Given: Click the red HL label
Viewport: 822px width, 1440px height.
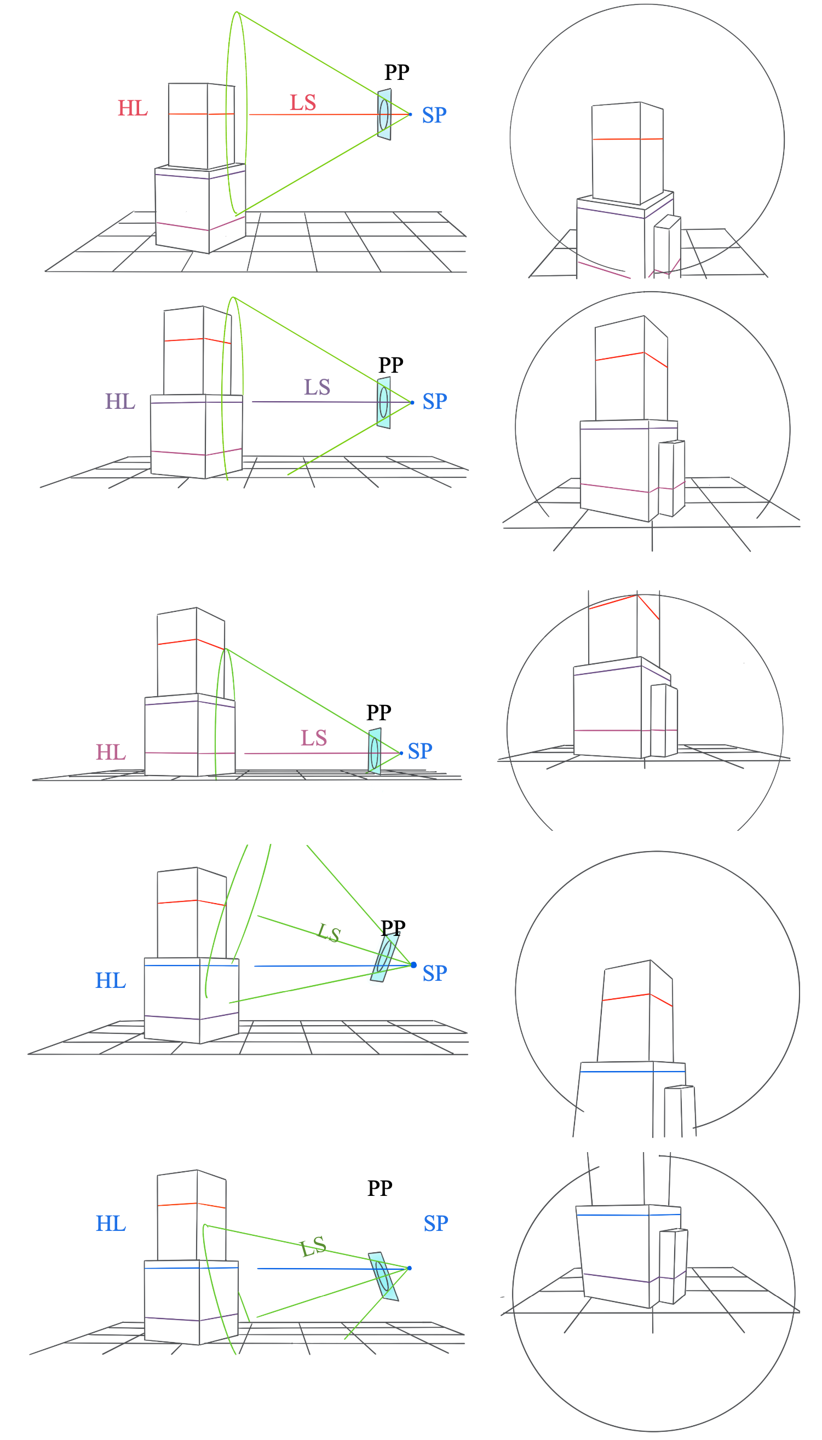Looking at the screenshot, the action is tap(133, 108).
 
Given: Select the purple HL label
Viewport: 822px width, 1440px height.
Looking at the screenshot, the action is tap(120, 402).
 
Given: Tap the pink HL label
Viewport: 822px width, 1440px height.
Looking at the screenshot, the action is tap(111, 752).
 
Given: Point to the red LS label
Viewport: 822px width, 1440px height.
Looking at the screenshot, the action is tap(303, 103).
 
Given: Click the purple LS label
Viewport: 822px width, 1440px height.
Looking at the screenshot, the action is tap(317, 387).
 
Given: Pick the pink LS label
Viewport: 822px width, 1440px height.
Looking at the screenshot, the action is tap(313, 738).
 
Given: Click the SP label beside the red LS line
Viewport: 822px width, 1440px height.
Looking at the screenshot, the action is tap(434, 115).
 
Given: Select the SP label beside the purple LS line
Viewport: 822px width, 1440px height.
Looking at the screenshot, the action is tap(435, 401).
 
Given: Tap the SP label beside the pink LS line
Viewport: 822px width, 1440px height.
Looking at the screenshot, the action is tap(420, 751).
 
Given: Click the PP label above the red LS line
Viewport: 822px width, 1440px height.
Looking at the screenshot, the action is tap(397, 72).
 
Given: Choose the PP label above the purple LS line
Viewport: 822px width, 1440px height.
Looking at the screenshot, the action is tap(390, 365).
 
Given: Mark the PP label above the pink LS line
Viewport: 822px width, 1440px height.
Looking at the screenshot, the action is tap(379, 713).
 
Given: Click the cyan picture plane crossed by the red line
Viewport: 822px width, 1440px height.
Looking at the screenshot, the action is tap(384, 114).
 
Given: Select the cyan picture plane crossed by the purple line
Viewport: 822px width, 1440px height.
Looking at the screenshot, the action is tap(383, 403).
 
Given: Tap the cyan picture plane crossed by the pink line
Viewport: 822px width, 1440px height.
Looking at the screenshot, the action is tap(374, 751).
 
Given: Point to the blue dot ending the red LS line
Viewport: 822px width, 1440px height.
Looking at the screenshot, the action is tap(410, 114).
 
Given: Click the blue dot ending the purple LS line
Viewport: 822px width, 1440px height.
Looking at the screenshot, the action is tap(412, 402).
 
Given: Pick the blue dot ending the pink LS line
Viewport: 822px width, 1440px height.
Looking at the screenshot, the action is tap(401, 753).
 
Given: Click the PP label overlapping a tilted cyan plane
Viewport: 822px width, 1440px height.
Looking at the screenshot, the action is tap(393, 928).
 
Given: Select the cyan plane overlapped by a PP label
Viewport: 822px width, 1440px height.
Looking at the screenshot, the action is tap(384, 958).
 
